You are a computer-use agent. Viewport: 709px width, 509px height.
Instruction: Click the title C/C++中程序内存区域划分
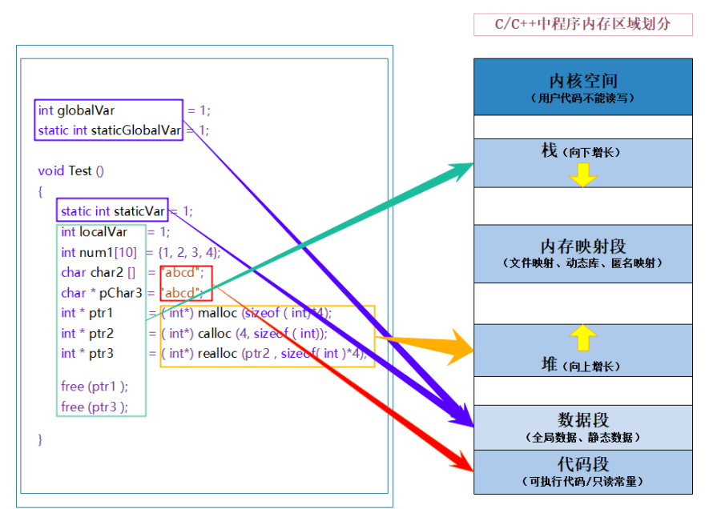[x=582, y=24]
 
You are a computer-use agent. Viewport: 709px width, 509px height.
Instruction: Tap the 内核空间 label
[x=582, y=81]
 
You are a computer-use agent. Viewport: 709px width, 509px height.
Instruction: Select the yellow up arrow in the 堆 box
[x=583, y=337]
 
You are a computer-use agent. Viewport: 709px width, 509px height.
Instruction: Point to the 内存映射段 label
[x=582, y=246]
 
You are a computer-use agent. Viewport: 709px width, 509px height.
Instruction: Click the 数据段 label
[x=582, y=420]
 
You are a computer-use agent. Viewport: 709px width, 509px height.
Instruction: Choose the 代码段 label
[x=582, y=464]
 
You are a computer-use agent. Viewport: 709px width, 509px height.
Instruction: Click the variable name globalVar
[x=86, y=110]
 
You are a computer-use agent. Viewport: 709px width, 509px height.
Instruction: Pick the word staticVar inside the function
[x=139, y=211]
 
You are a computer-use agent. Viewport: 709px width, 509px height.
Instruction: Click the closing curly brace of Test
[x=40, y=439]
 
